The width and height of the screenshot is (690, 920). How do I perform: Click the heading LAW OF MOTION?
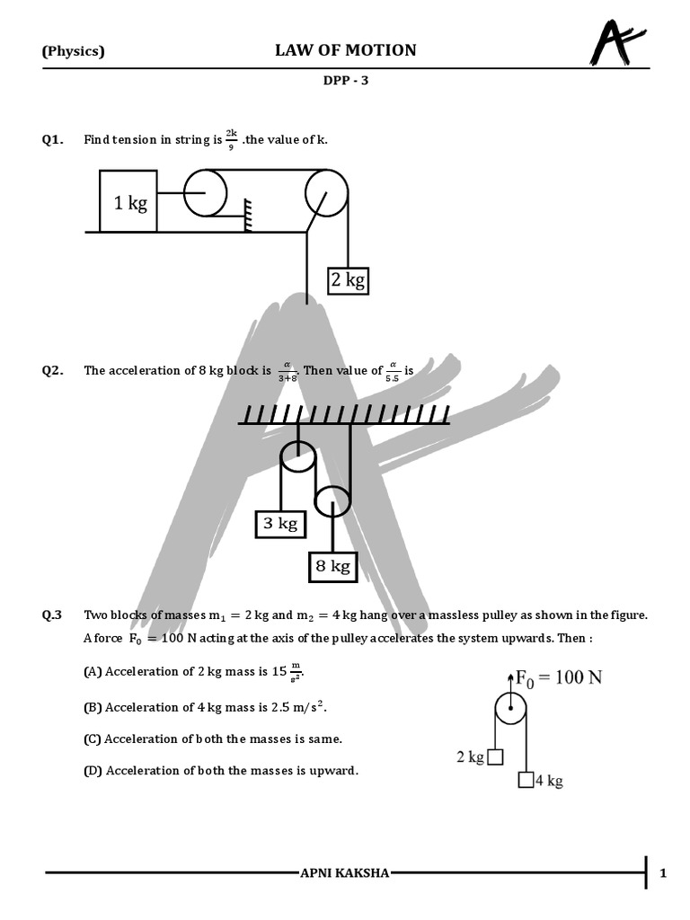click(345, 50)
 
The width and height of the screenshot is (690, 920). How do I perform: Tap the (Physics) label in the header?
click(74, 51)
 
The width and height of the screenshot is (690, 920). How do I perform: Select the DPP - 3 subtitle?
click(346, 80)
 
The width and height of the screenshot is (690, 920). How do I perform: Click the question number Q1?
click(53, 139)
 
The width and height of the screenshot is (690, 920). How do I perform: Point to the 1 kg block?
click(128, 201)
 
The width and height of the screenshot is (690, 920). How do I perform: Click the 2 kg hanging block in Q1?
click(348, 280)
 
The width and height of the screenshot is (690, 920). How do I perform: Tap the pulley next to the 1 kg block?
click(206, 192)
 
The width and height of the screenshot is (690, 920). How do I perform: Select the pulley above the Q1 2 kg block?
click(326, 192)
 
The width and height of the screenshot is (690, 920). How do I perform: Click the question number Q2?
click(53, 370)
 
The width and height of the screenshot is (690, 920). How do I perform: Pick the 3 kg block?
click(280, 523)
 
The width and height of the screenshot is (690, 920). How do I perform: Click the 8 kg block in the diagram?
click(332, 566)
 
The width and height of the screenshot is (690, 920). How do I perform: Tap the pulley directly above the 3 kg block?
click(297, 457)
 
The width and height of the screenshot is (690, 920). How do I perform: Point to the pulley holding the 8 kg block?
click(332, 501)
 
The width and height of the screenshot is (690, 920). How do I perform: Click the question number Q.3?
click(53, 615)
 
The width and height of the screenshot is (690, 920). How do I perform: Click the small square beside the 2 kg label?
click(495, 757)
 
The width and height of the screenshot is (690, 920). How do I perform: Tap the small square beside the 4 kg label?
click(526, 780)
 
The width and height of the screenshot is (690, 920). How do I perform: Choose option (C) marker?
click(93, 739)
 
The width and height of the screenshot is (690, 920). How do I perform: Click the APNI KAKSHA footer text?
click(345, 872)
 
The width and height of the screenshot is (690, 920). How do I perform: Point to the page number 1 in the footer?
click(663, 872)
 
